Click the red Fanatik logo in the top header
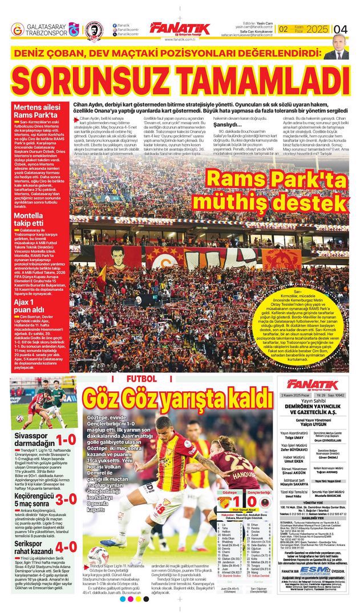pyautogui.click(x=180, y=29)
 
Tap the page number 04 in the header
pyautogui.click(x=341, y=29)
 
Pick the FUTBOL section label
pyautogui.click(x=141, y=378)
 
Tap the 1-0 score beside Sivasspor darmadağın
pyautogui.click(x=66, y=440)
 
